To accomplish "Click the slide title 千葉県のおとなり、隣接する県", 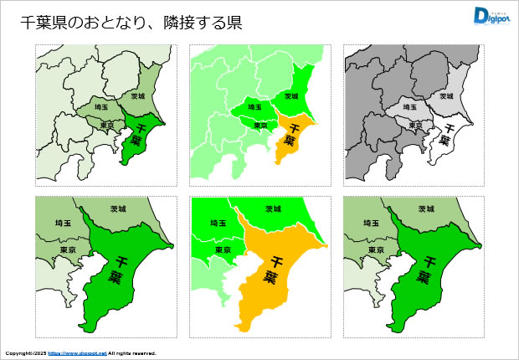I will [x=131, y=23].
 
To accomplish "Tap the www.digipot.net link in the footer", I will [x=77, y=353].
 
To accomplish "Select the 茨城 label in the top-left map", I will [x=136, y=96].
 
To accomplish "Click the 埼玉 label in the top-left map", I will [x=101, y=108].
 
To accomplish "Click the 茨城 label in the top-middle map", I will [x=292, y=96].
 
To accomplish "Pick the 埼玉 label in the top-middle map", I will [x=256, y=108].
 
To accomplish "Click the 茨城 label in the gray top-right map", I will [x=445, y=96].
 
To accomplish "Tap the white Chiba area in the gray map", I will [x=446, y=138].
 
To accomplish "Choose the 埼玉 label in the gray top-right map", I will [x=410, y=108].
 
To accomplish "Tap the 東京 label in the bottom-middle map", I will [x=223, y=249].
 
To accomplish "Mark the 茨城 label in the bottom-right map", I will [x=427, y=208].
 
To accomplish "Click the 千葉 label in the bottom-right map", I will [x=426, y=268].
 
